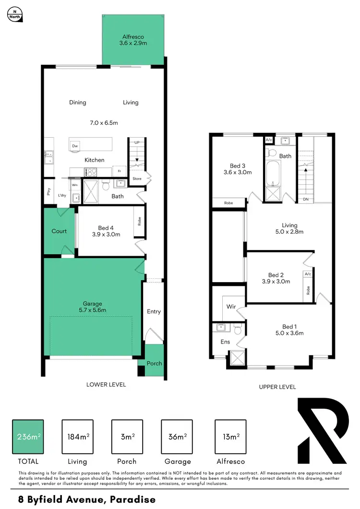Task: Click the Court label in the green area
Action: (x=59, y=231)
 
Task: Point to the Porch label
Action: (x=154, y=363)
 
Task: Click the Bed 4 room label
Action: (x=106, y=231)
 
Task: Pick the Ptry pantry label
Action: (x=48, y=191)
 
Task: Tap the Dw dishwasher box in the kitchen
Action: (x=75, y=146)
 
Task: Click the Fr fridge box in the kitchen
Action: (x=119, y=171)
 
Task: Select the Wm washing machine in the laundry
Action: (x=75, y=185)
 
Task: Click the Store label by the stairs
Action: (x=137, y=179)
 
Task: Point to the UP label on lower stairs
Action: (x=137, y=143)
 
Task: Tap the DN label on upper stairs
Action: (x=305, y=199)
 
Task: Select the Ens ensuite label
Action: (x=225, y=342)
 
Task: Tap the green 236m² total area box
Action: (x=28, y=437)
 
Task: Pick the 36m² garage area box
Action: (x=177, y=437)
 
